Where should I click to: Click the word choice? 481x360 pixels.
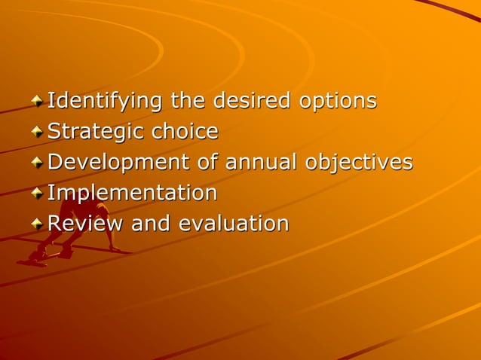185,132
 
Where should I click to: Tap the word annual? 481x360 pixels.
263,162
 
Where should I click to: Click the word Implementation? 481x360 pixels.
133,194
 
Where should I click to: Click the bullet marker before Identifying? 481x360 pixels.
37,101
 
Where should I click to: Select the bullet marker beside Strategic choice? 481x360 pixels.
37,132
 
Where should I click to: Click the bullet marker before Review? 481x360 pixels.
37,224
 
